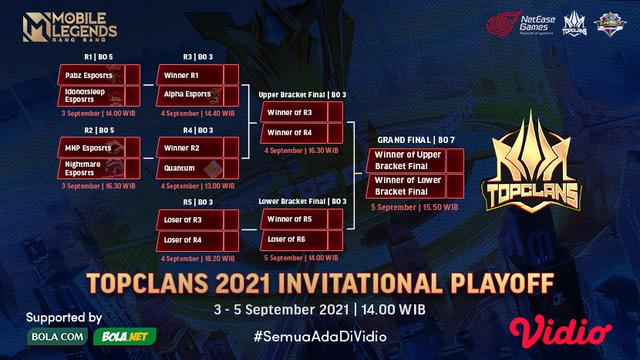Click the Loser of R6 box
click(296, 241)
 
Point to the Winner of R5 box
click(296, 218)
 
